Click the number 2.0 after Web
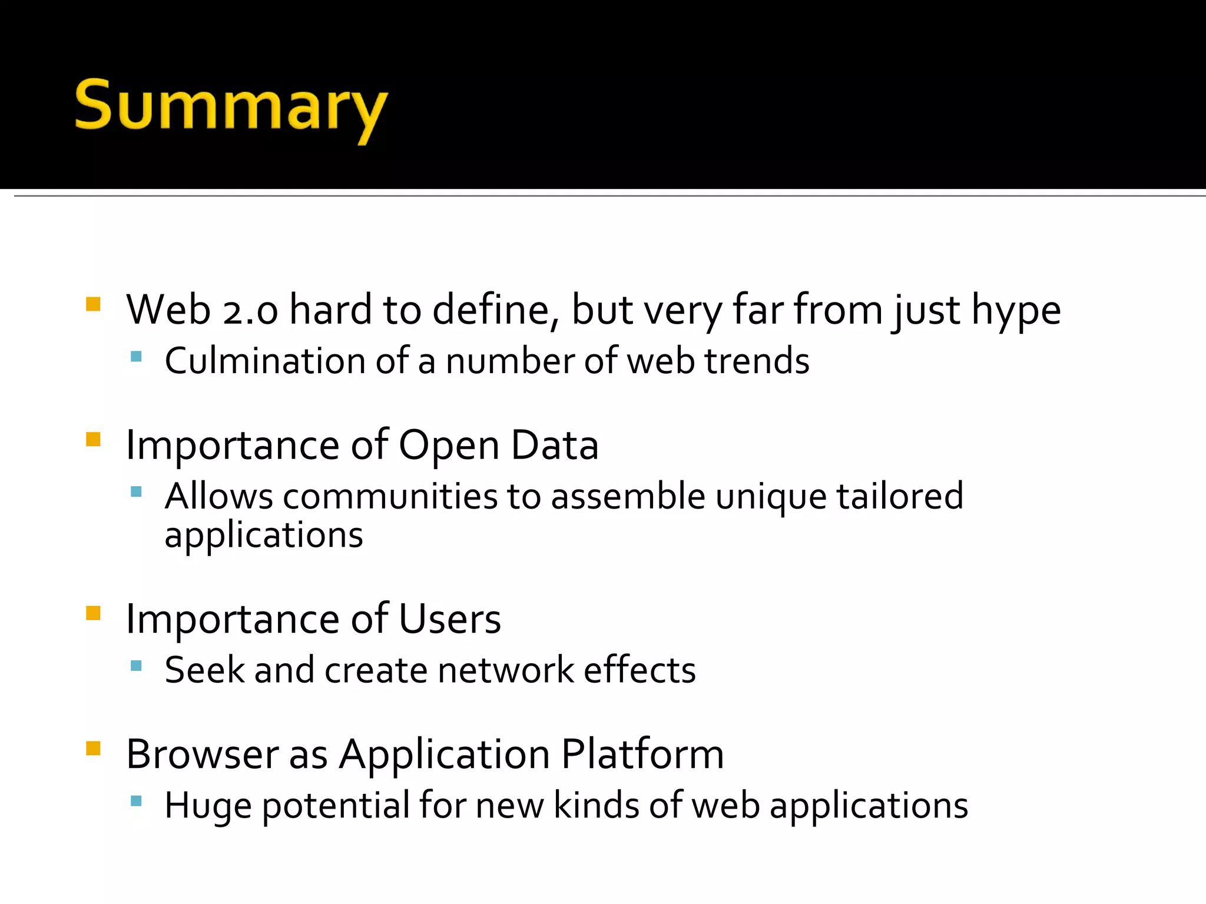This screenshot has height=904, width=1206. (250, 311)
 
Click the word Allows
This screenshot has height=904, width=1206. (218, 496)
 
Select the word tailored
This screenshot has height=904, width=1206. (900, 496)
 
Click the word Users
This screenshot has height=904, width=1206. (449, 619)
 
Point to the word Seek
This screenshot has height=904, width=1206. (204, 670)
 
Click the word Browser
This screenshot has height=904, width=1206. (202, 755)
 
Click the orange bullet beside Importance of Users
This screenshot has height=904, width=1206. (93, 613)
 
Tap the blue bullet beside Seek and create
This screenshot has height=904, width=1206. (137, 666)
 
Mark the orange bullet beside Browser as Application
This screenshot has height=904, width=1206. (93, 748)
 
